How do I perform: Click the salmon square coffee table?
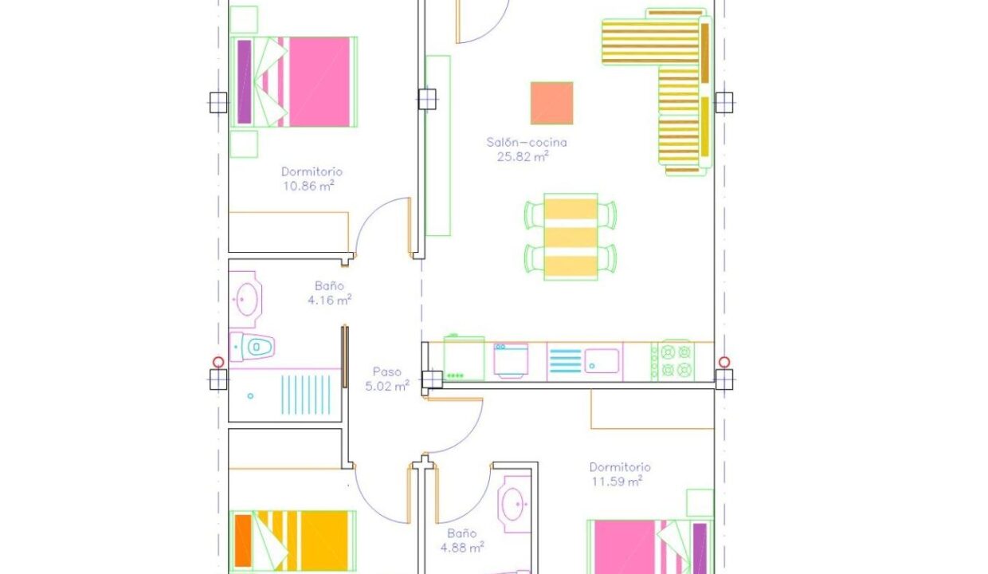tap(552, 104)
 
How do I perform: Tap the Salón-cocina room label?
tap(527, 142)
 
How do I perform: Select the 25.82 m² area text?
tap(523, 156)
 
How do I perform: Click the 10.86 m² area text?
tap(308, 186)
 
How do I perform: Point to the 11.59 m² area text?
tap(617, 481)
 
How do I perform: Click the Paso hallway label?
tap(386, 372)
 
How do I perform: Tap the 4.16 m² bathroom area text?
tap(330, 300)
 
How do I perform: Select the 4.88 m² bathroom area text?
tap(462, 548)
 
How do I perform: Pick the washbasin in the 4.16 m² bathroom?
tap(245, 299)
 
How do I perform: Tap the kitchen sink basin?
tap(602, 361)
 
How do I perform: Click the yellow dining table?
tap(570, 237)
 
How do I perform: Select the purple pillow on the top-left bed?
tap(245, 81)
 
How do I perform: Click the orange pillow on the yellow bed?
tap(243, 541)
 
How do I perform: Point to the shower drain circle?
tap(250, 395)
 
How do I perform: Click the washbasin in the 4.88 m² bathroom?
tap(514, 505)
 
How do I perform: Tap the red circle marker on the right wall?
tap(724, 362)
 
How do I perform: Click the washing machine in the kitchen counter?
tap(511, 360)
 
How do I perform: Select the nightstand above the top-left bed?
tap(244, 19)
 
